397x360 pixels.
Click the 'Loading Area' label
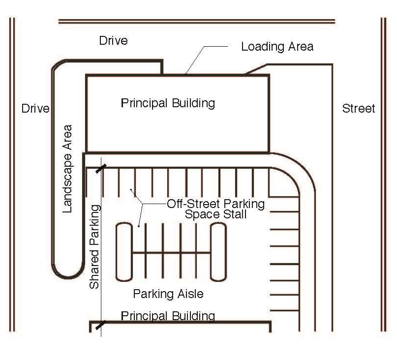tap(277, 47)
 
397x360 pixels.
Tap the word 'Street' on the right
tap(359, 108)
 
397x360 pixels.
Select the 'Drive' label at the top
tap(114, 40)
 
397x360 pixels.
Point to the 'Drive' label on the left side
tap(35, 108)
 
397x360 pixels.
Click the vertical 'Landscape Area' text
tap(67, 169)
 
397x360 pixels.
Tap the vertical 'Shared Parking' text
tap(94, 247)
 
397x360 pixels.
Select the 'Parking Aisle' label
tap(168, 294)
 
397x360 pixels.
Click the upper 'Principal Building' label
tap(168, 103)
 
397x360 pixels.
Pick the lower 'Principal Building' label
tap(168, 316)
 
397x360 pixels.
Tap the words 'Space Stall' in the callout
tap(215, 214)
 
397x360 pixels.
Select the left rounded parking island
tap(124, 252)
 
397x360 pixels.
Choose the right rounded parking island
tap(218, 252)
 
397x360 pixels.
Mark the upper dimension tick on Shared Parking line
tap(101, 169)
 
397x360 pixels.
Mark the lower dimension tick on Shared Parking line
tap(101, 325)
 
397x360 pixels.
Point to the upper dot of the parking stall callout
tap(131, 189)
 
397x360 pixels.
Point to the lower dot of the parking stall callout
tap(139, 226)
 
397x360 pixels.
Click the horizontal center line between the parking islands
tap(171, 252)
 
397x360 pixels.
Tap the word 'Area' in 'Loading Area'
tap(301, 47)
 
